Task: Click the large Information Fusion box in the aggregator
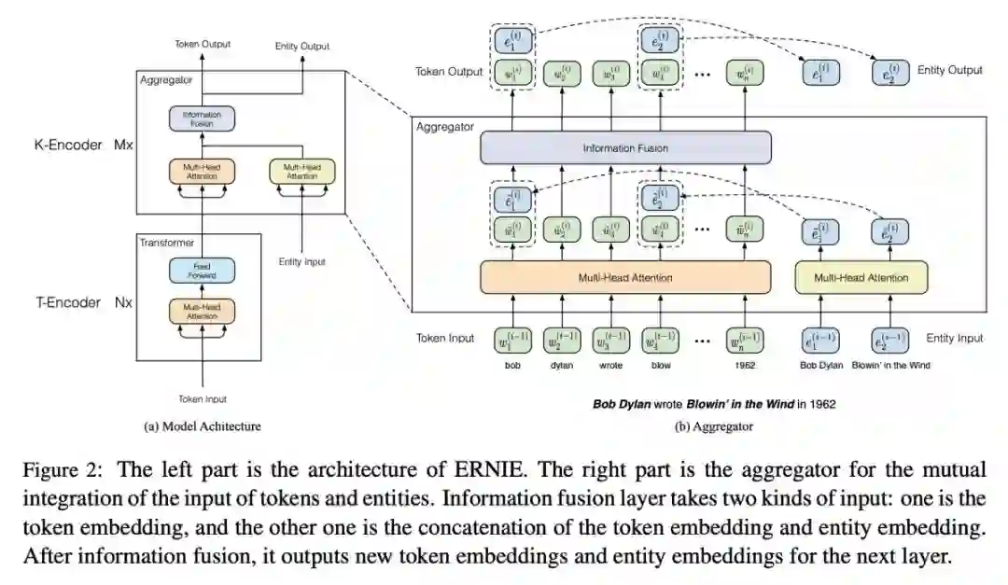[625, 147]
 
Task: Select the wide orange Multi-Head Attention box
[625, 277]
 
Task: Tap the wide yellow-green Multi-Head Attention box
[861, 277]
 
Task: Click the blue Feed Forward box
[202, 271]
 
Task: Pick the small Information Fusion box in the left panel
[202, 118]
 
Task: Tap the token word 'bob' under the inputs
[512, 365]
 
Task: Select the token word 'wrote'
[611, 365]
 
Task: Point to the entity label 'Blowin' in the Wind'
[891, 365]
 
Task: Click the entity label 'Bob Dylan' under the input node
[820, 365]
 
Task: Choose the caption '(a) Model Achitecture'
[203, 426]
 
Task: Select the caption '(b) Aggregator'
[714, 426]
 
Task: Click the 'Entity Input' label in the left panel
[301, 262]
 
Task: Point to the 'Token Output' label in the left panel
[202, 44]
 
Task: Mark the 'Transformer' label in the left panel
[166, 242]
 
